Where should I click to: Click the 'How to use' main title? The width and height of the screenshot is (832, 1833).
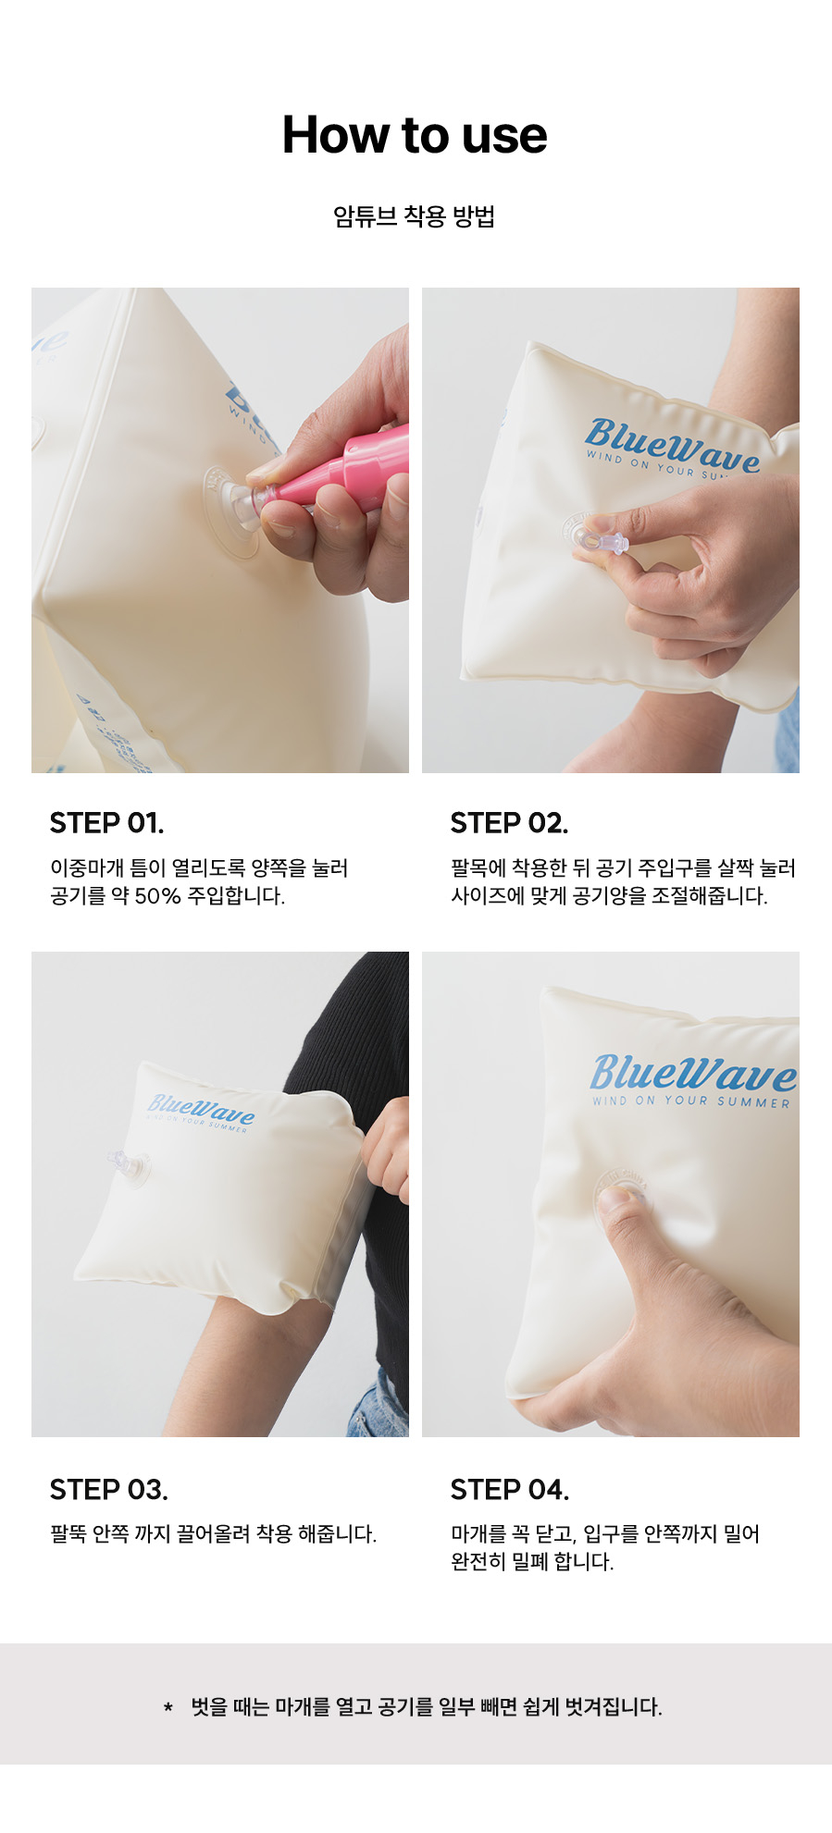coord(415,135)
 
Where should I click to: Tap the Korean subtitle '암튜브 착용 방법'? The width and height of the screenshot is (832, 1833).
coord(415,216)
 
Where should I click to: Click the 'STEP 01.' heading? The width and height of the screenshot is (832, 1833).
coord(106,823)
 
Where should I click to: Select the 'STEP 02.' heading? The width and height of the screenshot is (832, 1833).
coord(509,823)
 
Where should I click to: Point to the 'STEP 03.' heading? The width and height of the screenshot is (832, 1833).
coord(108,1490)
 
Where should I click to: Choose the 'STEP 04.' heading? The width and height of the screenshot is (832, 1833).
coord(509,1490)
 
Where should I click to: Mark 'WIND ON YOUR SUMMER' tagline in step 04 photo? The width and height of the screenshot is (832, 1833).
coord(691,1101)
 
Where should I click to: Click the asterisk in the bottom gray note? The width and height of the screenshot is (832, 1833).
coord(168,1707)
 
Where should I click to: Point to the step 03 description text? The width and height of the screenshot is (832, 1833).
coord(213,1534)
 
